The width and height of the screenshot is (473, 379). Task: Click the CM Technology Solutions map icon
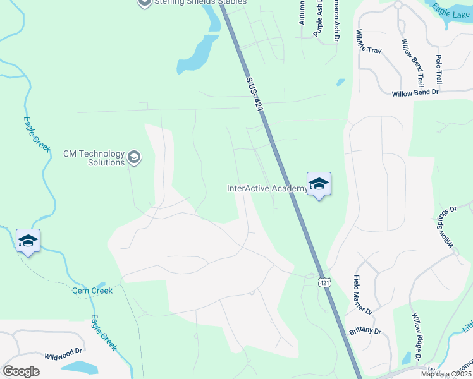[134, 157]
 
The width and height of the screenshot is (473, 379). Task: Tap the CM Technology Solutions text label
[94, 158]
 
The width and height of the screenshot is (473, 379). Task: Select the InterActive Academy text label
[267, 188]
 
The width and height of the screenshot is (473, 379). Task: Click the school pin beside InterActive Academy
[319, 184]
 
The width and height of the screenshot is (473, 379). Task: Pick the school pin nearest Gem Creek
[28, 241]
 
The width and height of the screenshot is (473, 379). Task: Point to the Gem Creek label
[92, 291]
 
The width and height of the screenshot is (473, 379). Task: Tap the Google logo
[21, 371]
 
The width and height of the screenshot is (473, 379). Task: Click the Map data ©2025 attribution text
[446, 374]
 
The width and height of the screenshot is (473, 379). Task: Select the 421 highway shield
[324, 282]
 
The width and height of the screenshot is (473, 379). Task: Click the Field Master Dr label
[364, 294]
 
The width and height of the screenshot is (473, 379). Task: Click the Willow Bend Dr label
[415, 93]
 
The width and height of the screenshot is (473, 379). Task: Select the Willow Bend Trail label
[412, 63]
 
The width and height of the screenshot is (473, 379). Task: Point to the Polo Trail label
[438, 69]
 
